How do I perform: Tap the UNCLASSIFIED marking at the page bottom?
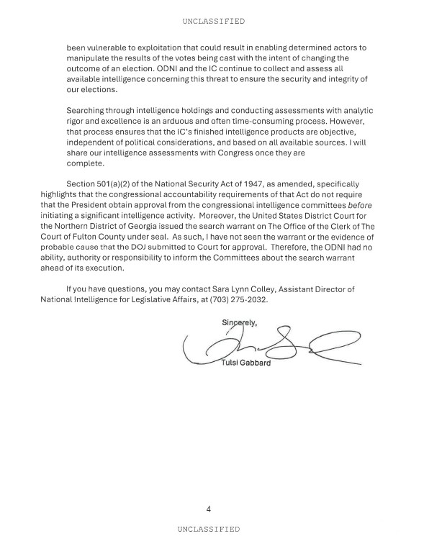coord(208,529)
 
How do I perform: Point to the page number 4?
coord(208,509)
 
